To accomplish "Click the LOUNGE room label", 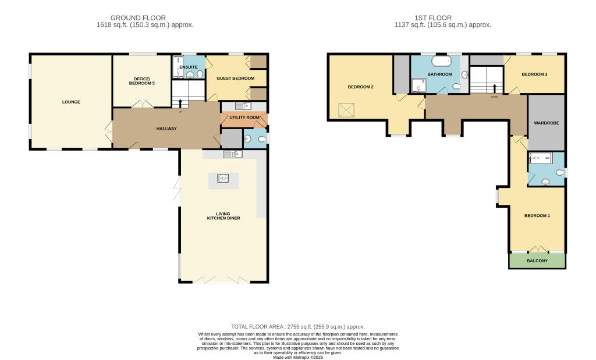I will (x=71, y=102).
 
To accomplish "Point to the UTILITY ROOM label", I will (x=243, y=117).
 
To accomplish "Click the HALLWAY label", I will (x=166, y=129).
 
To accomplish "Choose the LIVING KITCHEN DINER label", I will (x=223, y=216).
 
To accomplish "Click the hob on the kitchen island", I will (x=223, y=179).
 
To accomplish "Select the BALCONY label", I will (x=537, y=261).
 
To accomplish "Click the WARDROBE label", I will (x=545, y=123).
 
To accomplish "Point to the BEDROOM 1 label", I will (x=537, y=216).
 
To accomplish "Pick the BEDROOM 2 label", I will (x=360, y=87).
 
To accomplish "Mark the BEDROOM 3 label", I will (x=534, y=74).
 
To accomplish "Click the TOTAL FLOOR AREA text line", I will (x=297, y=327).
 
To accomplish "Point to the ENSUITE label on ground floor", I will (x=189, y=67).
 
